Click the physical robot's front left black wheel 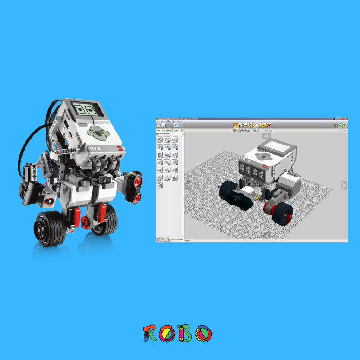[51, 228]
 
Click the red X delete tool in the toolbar [269, 125]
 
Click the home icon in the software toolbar [159, 125]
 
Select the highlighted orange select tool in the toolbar [235, 125]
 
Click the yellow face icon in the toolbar [264, 125]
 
